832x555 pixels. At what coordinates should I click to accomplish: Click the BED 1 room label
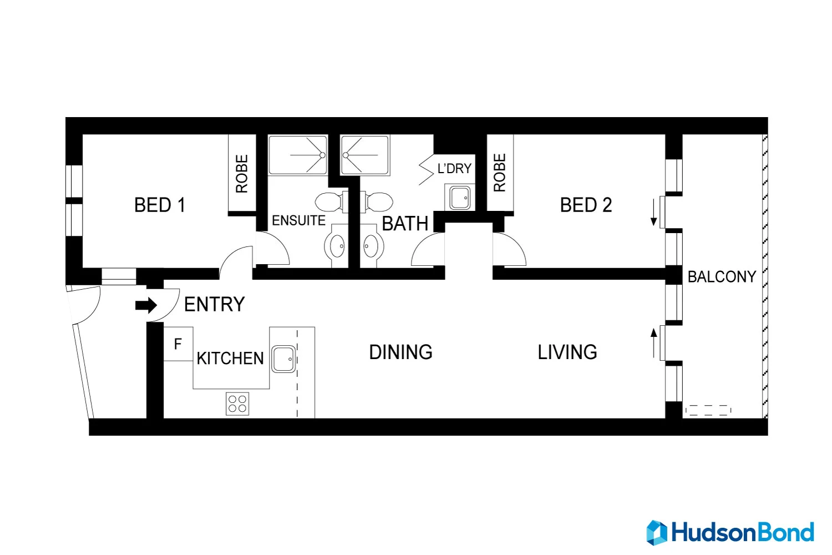pos(160,205)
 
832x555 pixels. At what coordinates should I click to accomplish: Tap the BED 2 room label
pos(586,205)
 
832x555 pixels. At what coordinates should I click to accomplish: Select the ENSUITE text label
pos(298,221)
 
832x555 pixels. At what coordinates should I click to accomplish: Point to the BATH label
pos(405,224)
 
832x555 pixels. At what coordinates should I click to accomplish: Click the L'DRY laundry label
pos(454,169)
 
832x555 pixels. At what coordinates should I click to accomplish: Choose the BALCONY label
pos(722,277)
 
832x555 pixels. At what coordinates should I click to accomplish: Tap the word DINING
pos(400,352)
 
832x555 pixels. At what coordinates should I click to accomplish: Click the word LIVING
pos(567,352)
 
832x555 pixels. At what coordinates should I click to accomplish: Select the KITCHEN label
pos(230,359)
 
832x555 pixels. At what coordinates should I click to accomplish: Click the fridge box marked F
pos(178,344)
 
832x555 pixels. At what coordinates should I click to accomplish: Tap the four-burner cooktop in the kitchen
pos(237,403)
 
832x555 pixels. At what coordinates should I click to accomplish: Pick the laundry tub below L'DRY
pos(460,198)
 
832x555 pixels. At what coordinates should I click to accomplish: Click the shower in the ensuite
pos(298,155)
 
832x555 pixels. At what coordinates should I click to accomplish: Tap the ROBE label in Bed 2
pos(500,173)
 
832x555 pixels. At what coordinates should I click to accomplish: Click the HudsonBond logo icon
pos(657,533)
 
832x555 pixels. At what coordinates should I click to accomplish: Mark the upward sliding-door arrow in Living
pos(654,343)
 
